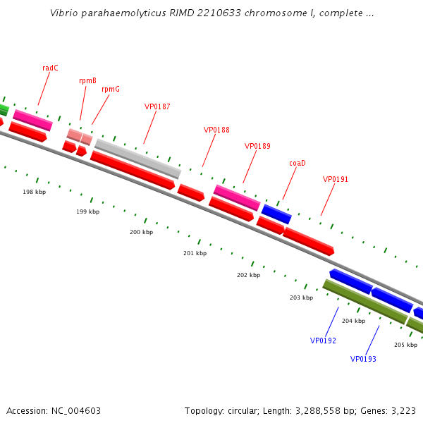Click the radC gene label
coord(50,68)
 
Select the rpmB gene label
coord(87,81)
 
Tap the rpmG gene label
coord(111,90)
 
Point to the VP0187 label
coord(157,107)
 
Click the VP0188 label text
coord(216,130)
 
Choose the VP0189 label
coord(257,147)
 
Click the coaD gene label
coord(298,164)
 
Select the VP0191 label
coord(336,180)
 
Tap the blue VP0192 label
coord(323,341)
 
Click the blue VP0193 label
coord(363,360)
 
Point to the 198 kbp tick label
coord(34,192)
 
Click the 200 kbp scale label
coord(141,233)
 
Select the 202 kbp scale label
coord(248,276)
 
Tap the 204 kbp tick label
coord(353,321)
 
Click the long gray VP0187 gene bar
coord(137,158)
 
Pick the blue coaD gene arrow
coord(276,214)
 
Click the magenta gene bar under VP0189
coord(236,197)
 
